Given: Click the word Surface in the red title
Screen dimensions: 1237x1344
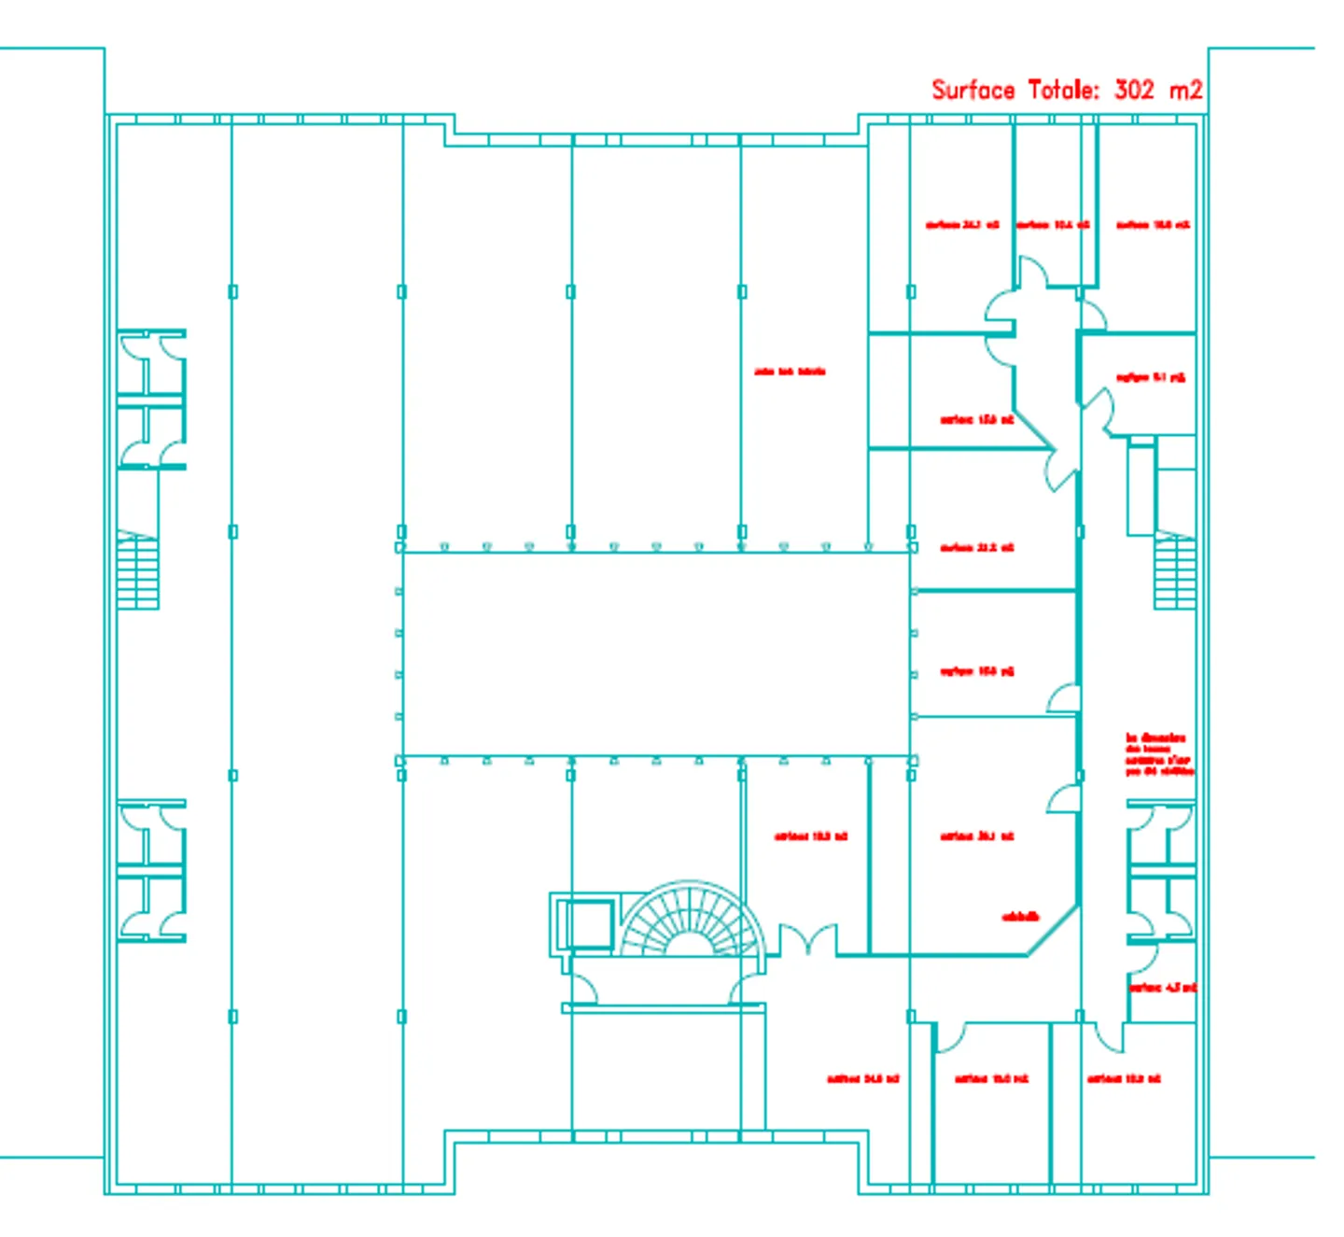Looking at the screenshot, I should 973,90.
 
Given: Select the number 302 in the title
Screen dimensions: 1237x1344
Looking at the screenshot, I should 1134,90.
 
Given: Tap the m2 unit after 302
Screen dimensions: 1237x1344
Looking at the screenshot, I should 1185,90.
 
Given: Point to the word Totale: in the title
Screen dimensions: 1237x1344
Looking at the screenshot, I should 1063,90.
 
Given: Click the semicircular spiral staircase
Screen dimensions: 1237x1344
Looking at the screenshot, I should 691,920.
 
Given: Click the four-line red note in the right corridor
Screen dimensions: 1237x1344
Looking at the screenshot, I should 1158,754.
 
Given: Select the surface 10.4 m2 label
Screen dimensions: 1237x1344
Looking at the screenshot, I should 1052,225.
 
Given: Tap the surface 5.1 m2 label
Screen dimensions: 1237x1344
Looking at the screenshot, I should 1150,378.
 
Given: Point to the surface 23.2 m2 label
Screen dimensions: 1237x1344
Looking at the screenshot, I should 976,548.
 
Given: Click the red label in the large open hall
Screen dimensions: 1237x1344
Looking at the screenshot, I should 790,372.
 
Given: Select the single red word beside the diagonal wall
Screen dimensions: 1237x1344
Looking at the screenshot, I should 1020,917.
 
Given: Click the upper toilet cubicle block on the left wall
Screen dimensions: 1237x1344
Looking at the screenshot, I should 151,399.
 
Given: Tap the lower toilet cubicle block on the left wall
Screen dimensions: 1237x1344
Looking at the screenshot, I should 151,870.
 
